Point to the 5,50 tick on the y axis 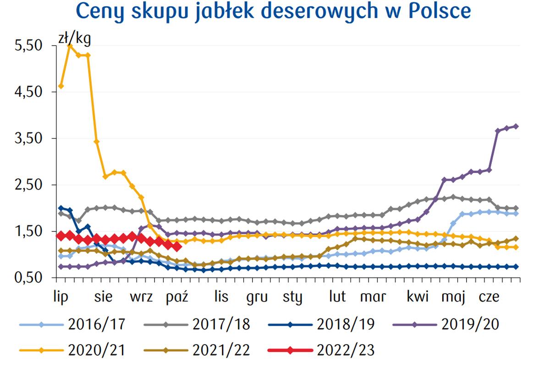click(x=29, y=46)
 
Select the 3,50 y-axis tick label click(x=29, y=138)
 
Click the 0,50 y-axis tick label click(x=29, y=277)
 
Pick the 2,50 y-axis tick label click(x=29, y=185)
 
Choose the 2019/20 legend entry click(x=470, y=324)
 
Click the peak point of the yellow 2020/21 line click(x=70, y=46)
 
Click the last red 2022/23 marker click(x=178, y=247)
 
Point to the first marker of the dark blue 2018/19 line click(x=61, y=208)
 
